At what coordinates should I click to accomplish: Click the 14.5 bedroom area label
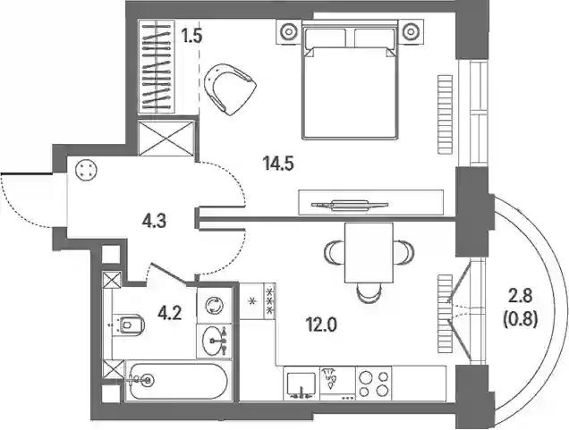point(279,164)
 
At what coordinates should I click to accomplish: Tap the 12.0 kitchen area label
point(321,325)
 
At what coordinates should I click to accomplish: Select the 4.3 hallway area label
point(154,221)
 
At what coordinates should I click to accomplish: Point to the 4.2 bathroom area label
point(169,313)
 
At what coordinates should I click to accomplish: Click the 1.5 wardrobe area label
point(191,36)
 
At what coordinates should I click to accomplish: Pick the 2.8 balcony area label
point(521,297)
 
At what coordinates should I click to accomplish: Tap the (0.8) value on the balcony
point(521,320)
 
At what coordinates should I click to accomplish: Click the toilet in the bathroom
point(129,325)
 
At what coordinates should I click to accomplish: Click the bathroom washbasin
point(214,341)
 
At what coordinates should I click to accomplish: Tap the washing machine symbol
point(215,305)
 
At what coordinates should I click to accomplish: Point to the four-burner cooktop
point(374,384)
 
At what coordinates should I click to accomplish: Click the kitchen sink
point(301,384)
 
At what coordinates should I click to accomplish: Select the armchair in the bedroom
point(230,89)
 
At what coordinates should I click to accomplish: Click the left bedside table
point(289,32)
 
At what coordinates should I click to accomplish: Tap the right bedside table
point(411,32)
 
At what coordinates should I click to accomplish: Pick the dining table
point(369,253)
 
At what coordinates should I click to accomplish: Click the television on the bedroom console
point(350,205)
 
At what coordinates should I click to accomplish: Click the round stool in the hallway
point(87,170)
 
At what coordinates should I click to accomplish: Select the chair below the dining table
point(369,292)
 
